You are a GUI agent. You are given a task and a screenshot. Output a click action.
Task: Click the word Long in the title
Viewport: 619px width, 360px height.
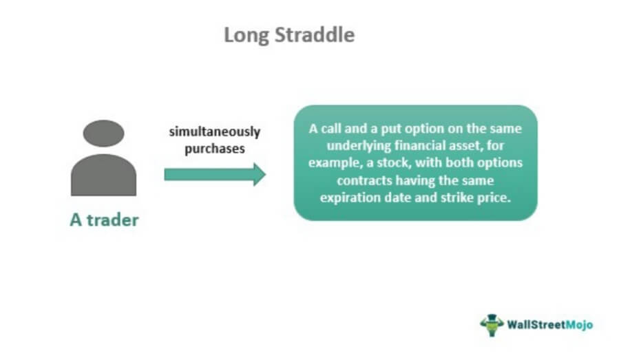[x=245, y=35]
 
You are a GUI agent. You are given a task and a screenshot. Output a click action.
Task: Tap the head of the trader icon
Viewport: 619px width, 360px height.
[x=103, y=133]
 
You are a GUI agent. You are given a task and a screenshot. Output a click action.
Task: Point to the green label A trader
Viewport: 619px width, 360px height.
[x=104, y=220]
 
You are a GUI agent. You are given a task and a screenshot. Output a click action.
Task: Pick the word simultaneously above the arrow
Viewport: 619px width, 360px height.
[x=215, y=132]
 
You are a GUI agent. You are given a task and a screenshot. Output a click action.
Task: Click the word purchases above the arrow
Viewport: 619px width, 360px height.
[x=215, y=147]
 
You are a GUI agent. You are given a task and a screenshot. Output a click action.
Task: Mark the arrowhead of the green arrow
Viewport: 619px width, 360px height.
[x=258, y=174]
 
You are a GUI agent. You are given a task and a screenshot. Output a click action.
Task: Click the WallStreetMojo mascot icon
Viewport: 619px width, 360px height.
[x=492, y=324]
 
